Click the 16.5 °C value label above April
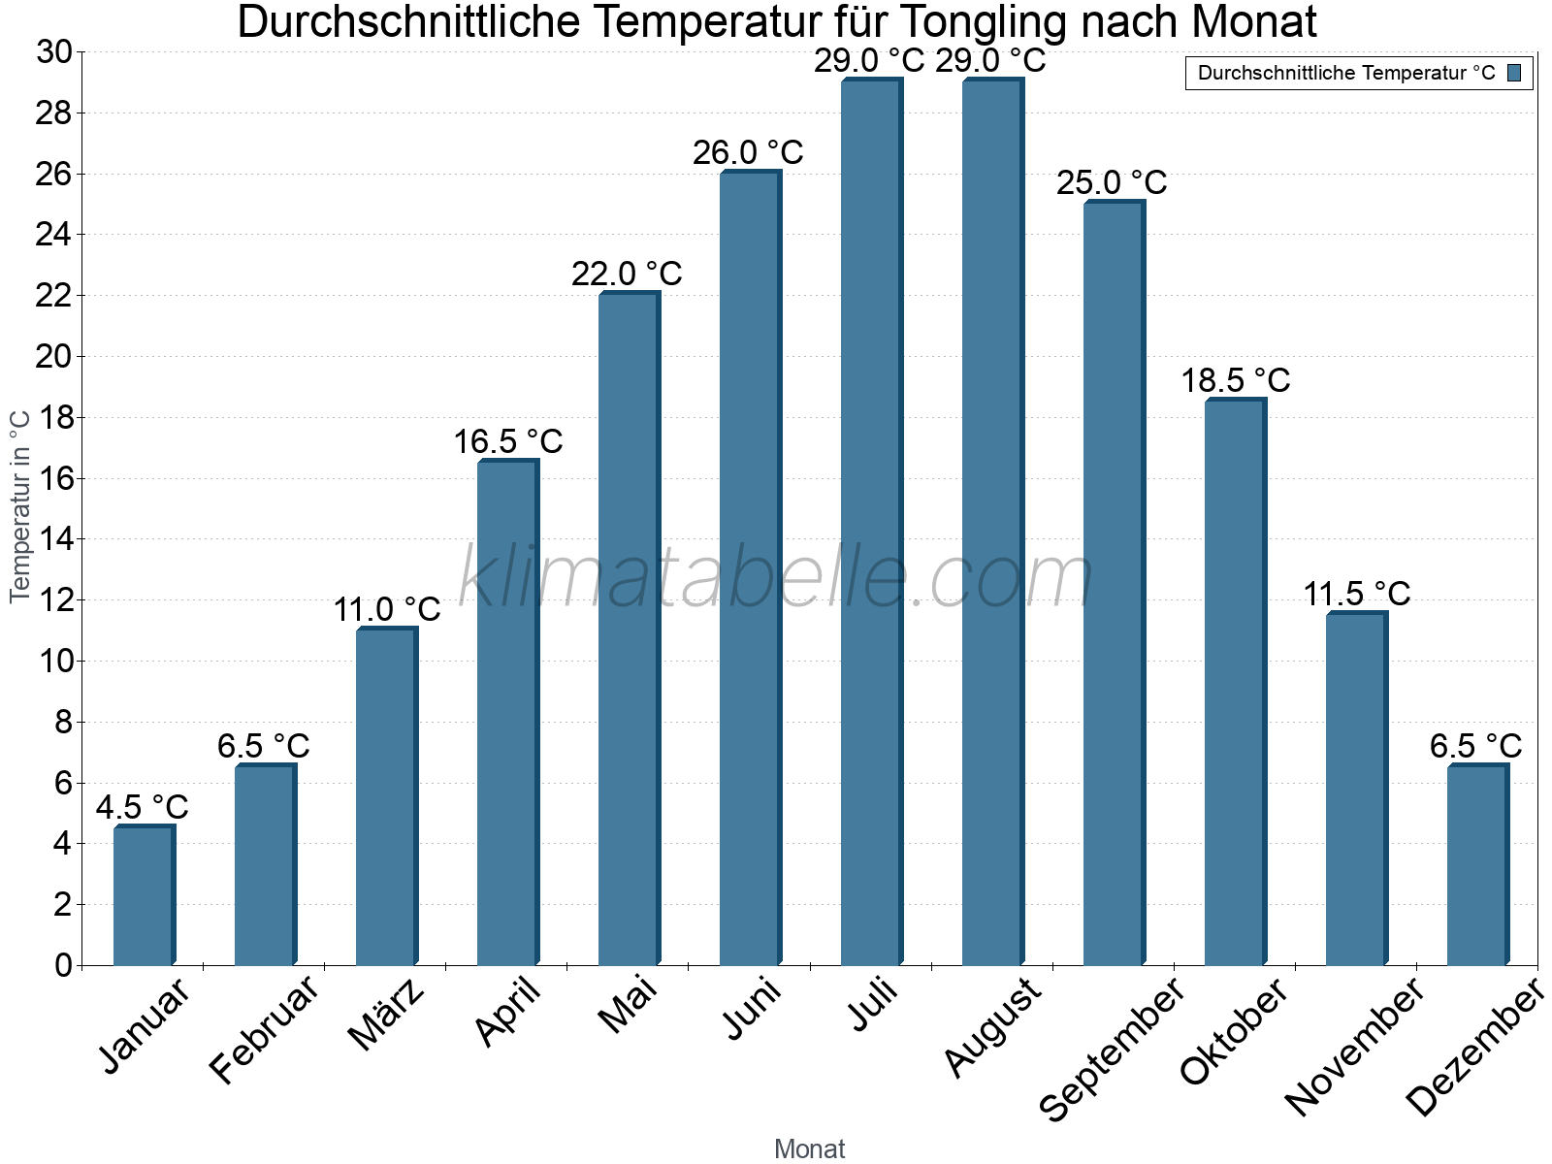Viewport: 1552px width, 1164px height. tap(508, 442)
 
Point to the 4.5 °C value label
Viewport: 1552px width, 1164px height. tap(143, 807)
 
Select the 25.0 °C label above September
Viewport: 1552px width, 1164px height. tap(1112, 182)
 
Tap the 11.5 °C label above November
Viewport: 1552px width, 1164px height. tap(1356, 594)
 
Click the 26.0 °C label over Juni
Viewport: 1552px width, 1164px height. tap(748, 153)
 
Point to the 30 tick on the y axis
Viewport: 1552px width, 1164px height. tap(54, 52)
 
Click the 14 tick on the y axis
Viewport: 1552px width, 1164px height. tap(54, 539)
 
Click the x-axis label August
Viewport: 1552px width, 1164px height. tap(992, 1027)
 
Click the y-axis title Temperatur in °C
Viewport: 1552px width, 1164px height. tap(20, 506)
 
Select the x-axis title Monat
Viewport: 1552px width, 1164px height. tap(809, 1149)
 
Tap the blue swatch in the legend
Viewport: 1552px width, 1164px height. tap(1514, 73)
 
